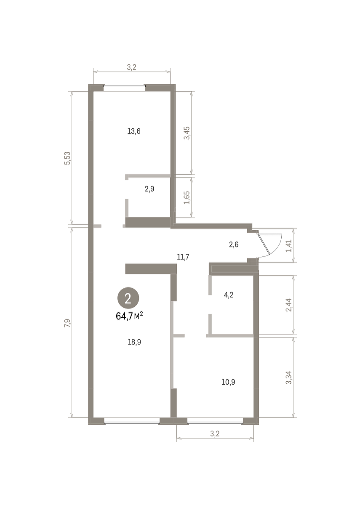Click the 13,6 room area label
tap(134, 131)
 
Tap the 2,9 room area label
tap(149, 189)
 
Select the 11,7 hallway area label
tap(183, 257)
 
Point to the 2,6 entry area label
tap(234, 245)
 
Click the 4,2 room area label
tap(229, 295)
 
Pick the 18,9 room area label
tap(134, 342)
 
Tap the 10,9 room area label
tap(228, 382)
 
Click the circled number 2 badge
tap(128, 298)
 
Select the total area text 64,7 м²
tap(129, 316)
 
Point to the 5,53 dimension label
tap(67, 158)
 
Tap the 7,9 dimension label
tap(67, 323)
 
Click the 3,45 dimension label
tap(187, 133)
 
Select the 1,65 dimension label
tap(187, 198)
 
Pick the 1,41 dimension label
tap(289, 246)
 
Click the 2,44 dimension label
tap(289, 305)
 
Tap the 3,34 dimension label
tap(289, 377)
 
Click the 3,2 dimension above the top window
tap(131, 67)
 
